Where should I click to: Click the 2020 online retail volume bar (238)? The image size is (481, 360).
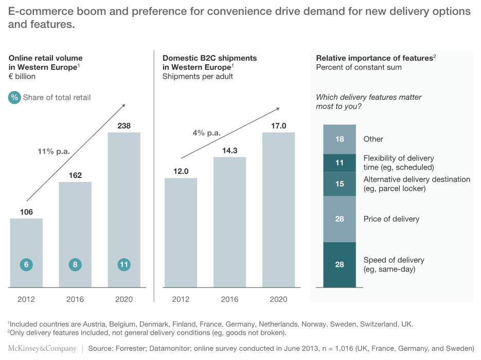point(123,206)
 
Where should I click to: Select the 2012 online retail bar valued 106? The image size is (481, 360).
point(26,247)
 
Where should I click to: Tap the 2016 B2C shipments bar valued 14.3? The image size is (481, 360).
point(229,221)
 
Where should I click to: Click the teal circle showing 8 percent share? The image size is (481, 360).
point(75,265)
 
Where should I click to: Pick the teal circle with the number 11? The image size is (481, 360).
point(123,265)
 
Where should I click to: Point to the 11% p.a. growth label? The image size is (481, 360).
point(54,151)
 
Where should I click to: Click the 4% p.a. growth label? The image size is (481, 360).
point(206,133)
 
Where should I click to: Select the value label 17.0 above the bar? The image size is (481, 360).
point(278,125)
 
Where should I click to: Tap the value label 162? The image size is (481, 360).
point(75,175)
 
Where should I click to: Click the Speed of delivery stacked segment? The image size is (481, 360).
point(339,264)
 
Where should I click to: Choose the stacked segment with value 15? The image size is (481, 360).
point(339,184)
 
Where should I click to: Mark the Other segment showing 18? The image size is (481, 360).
point(339,139)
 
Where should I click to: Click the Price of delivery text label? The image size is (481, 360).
point(391,219)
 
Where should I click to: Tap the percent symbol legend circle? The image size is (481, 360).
point(14,97)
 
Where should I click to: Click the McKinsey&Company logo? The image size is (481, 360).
point(42,349)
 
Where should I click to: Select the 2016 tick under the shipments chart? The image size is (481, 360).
point(229,299)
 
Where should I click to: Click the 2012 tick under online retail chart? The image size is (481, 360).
point(26,299)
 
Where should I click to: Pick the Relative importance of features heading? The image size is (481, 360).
point(375,58)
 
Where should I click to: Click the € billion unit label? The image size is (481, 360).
point(22,77)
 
